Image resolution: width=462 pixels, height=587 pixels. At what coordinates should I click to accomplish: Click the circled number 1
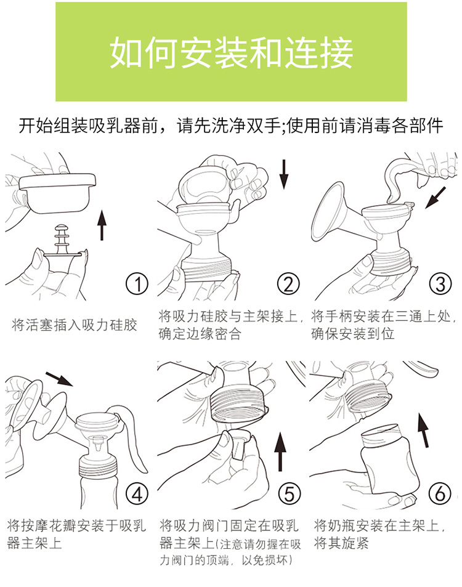pyautogui.click(x=137, y=284)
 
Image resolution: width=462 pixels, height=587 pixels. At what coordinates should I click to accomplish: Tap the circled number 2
pyautogui.click(x=288, y=284)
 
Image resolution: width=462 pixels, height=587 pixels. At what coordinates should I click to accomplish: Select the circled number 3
pyautogui.click(x=440, y=284)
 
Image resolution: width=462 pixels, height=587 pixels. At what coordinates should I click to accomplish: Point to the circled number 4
pyautogui.click(x=137, y=494)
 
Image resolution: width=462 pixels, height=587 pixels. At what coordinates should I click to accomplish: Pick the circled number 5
pyautogui.click(x=290, y=494)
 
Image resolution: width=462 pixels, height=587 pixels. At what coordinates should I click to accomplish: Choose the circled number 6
pyautogui.click(x=440, y=494)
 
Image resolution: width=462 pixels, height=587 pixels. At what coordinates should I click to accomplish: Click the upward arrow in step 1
pyautogui.click(x=102, y=225)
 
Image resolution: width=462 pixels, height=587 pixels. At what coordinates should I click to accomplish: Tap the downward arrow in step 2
pyautogui.click(x=284, y=174)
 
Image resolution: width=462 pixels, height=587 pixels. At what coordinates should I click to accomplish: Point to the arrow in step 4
pyautogui.click(x=59, y=379)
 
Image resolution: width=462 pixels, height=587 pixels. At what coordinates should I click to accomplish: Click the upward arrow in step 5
pyautogui.click(x=280, y=451)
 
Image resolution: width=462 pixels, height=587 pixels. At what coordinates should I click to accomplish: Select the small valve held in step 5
pyautogui.click(x=240, y=444)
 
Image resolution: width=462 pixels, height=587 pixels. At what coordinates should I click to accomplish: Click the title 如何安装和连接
pyautogui.click(x=231, y=52)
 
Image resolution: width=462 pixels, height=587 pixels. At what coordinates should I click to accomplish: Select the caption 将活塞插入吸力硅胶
pyautogui.click(x=74, y=325)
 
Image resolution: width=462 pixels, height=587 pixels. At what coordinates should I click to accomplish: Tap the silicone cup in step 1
pyautogui.click(x=57, y=193)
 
